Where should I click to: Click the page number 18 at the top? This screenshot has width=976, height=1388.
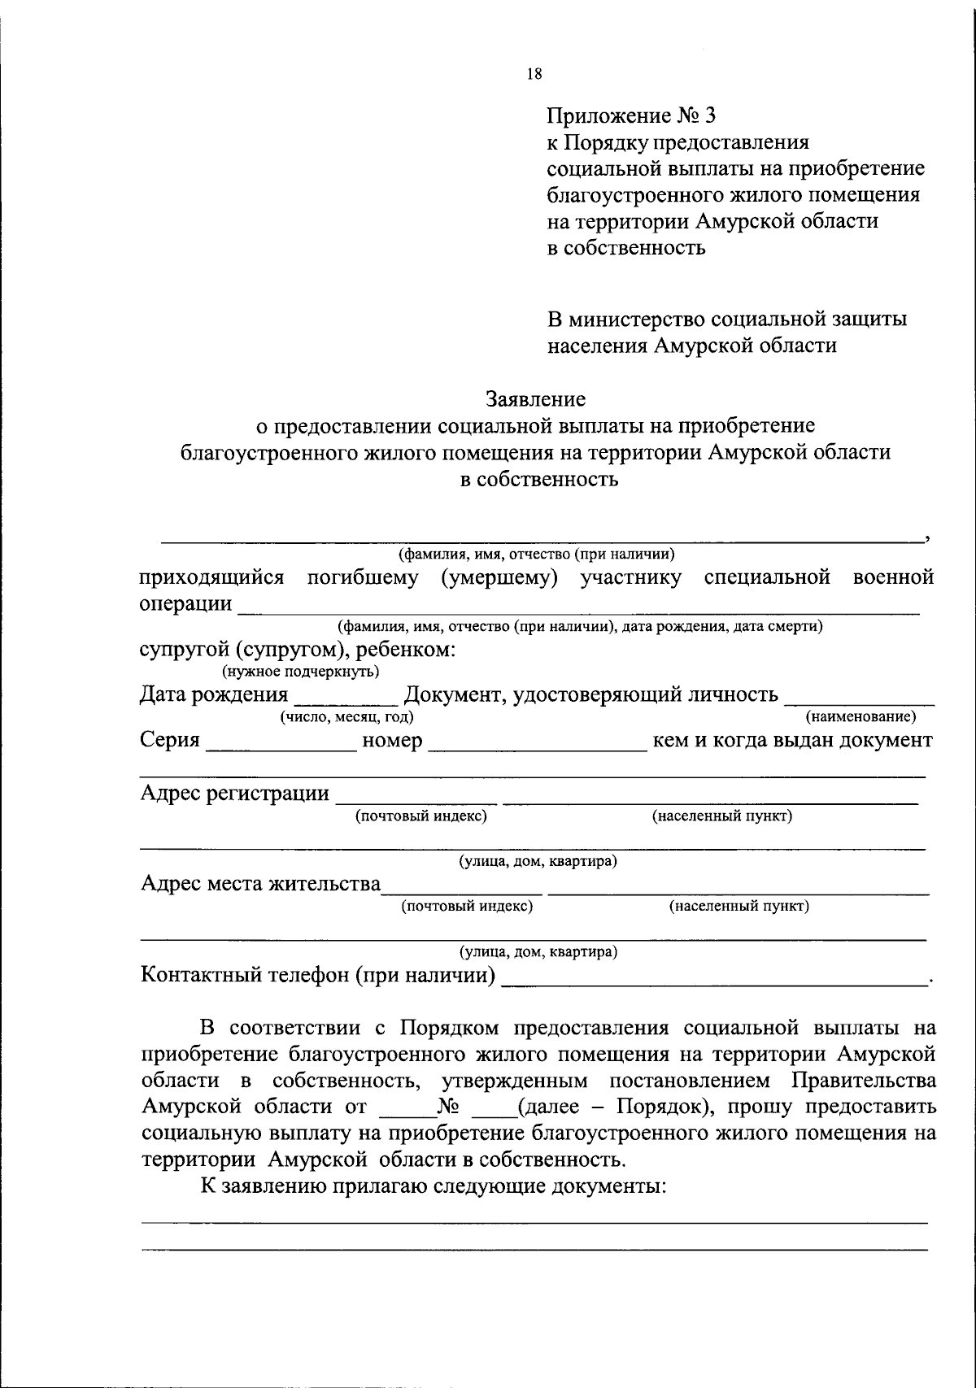coord(534,74)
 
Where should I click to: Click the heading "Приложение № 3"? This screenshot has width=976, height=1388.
coord(631,115)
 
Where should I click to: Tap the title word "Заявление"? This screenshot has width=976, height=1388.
coord(535,399)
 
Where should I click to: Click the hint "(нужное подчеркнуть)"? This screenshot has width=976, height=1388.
coord(300,672)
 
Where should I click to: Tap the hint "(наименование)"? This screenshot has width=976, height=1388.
coord(861,717)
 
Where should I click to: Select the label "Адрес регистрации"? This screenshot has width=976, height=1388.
coord(235,793)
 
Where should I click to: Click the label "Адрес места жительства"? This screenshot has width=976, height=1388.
coord(260,883)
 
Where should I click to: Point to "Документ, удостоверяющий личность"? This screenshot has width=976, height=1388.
coord(591,694)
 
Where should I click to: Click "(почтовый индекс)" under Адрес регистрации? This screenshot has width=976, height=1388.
coord(421,816)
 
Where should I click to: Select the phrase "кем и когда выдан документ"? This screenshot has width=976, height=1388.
coord(793,741)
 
